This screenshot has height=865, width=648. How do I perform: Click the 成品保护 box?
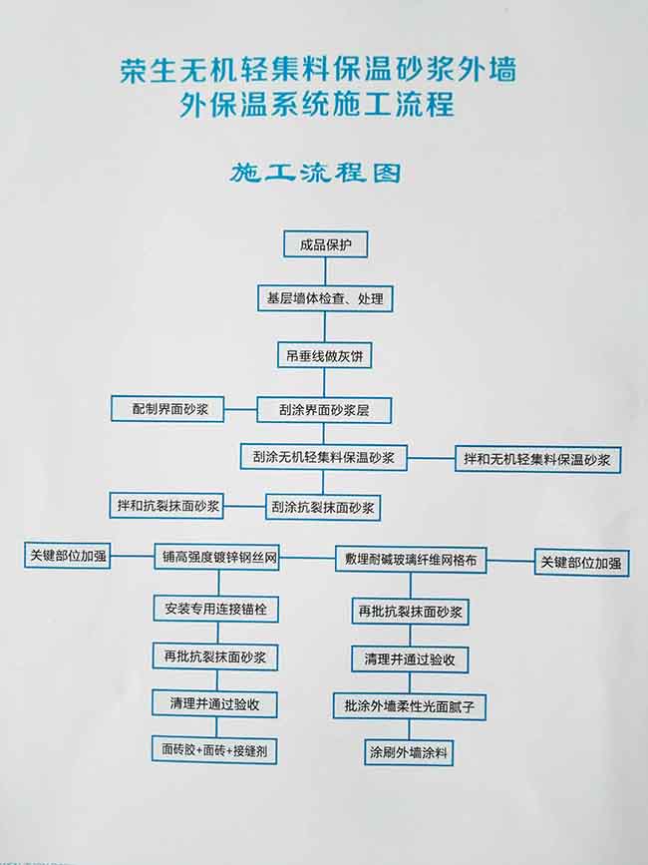326,244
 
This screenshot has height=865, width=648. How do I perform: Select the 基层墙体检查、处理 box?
325,298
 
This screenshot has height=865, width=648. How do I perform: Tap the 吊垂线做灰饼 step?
325,356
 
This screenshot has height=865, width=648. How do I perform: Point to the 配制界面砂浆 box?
167,409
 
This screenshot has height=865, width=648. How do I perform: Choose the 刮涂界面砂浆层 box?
324,410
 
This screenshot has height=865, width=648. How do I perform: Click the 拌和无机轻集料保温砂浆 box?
537,459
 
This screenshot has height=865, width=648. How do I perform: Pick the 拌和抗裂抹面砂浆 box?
166,505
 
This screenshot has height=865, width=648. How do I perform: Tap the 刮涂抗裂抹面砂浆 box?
323,508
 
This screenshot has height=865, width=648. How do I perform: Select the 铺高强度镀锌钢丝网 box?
217,557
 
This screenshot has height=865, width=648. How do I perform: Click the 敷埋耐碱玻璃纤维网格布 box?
411,560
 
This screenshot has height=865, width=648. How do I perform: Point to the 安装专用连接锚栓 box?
216,609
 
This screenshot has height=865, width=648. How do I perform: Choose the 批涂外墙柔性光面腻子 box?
410,706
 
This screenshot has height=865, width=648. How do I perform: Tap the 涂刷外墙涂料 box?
409,752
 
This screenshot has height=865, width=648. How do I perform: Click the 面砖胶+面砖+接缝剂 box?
214,750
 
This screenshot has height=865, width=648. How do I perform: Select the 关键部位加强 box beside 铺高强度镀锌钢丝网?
67,555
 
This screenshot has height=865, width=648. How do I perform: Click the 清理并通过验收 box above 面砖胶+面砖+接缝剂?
214,704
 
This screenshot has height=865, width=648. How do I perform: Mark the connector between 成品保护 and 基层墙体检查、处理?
325,271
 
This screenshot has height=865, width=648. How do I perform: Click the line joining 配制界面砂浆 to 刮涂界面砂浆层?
241,410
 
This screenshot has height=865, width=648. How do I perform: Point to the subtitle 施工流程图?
315,173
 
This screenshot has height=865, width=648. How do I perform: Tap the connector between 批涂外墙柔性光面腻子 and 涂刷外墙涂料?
409,729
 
